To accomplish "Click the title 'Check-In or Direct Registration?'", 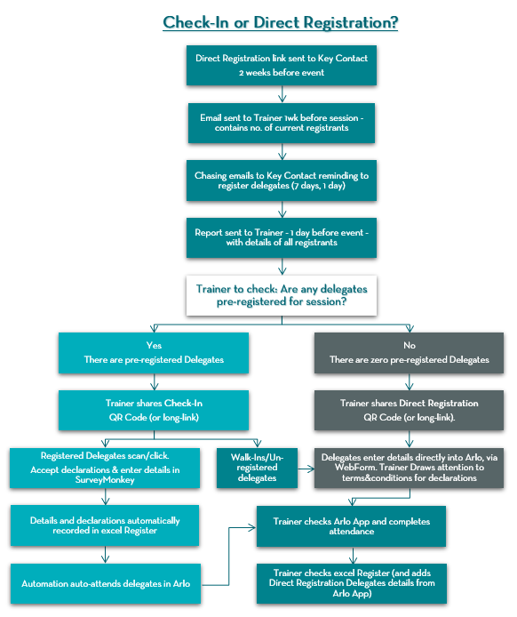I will point(280,22).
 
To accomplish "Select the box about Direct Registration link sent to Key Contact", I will point(282,65).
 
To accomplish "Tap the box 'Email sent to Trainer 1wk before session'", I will point(282,123).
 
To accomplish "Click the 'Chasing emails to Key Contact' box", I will point(282,181).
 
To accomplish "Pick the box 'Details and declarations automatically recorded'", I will point(105,525).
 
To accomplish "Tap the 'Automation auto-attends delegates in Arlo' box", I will point(105,583).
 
